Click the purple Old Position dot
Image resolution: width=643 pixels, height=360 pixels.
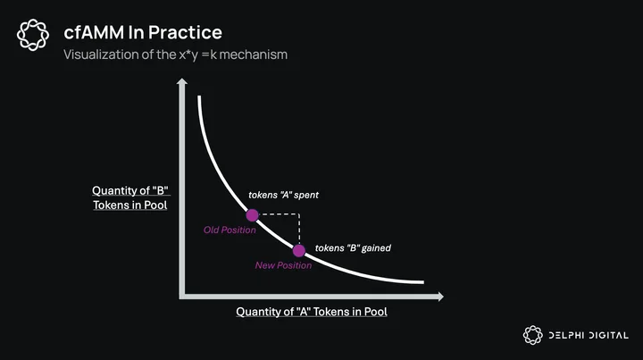252,215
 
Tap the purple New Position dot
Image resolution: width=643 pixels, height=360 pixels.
299,250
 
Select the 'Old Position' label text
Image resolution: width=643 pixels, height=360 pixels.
230,230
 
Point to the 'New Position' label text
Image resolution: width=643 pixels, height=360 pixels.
283,265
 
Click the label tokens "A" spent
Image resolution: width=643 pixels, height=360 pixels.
283,195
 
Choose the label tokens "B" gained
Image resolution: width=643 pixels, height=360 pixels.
353,248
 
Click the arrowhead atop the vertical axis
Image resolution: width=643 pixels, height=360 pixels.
182,81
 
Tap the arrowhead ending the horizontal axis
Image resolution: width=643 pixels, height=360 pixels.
441,297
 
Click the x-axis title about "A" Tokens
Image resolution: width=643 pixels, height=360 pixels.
312,312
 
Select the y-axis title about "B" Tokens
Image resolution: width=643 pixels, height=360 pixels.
130,197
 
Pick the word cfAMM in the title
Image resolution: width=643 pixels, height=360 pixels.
94,32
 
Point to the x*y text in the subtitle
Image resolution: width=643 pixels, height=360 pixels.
188,55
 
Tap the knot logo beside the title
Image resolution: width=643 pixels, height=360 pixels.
33,35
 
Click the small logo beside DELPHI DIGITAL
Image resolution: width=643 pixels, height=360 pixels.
532,335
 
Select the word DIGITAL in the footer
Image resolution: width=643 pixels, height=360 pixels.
608,335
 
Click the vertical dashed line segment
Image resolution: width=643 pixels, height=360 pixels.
299,229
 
